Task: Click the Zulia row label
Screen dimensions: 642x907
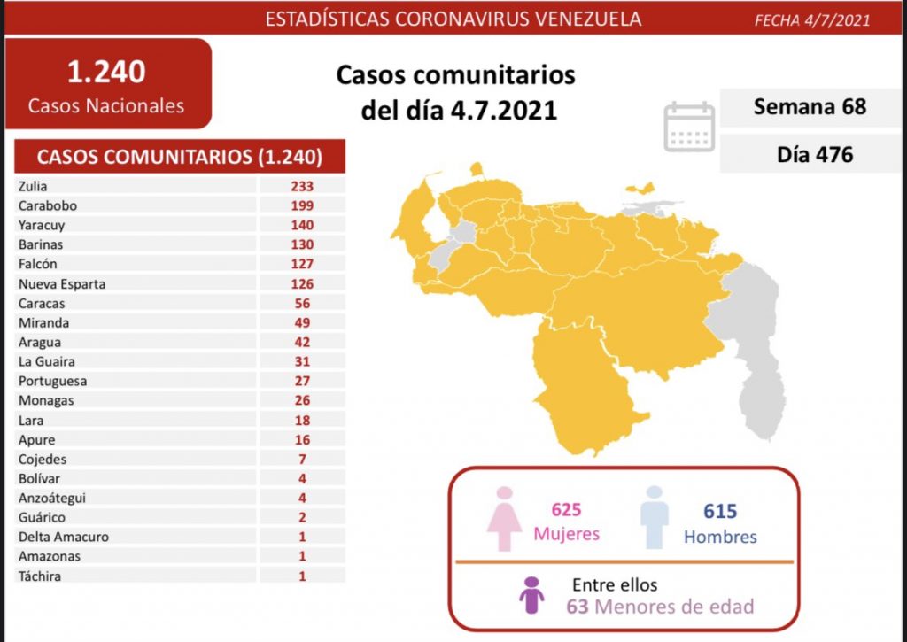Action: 32,186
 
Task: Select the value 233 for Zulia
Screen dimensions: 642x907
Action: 301,186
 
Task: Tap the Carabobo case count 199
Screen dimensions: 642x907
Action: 301,205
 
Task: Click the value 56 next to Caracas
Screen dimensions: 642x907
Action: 301,303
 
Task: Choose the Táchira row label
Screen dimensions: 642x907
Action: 38,576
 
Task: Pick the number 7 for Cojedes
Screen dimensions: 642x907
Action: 301,459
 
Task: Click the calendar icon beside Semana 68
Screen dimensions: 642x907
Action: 689,127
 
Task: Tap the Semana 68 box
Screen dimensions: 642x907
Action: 809,107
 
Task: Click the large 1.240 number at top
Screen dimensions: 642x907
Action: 105,72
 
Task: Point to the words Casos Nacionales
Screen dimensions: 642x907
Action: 106,106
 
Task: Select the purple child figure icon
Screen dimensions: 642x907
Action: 531,595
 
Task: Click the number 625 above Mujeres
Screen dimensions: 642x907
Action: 566,511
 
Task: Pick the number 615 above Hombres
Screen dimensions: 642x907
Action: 720,511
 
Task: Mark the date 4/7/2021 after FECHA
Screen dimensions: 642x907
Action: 837,19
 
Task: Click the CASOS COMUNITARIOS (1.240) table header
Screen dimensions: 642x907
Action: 179,158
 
